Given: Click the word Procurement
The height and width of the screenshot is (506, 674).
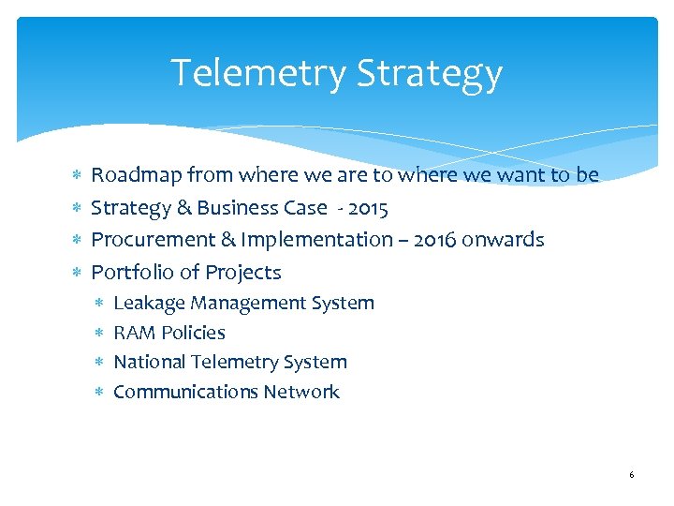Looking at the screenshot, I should [153, 240].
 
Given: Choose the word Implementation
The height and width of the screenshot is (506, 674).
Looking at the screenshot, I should [316, 240].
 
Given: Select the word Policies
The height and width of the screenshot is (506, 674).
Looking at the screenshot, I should [193, 333].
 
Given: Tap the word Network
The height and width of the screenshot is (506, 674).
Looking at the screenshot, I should [301, 392].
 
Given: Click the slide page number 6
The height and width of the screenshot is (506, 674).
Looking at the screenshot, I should [631, 476].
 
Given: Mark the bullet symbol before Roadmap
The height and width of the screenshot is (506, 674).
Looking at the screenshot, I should [77, 176].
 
